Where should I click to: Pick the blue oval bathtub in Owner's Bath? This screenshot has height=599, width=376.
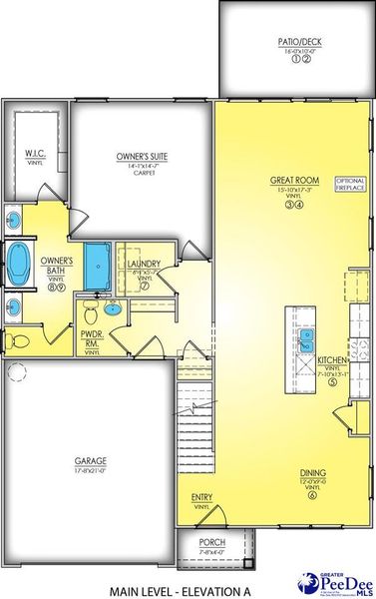[x=18, y=263]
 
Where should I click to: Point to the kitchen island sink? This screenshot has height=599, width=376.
[x=308, y=339]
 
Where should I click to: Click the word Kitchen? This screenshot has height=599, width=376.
[x=330, y=359]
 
